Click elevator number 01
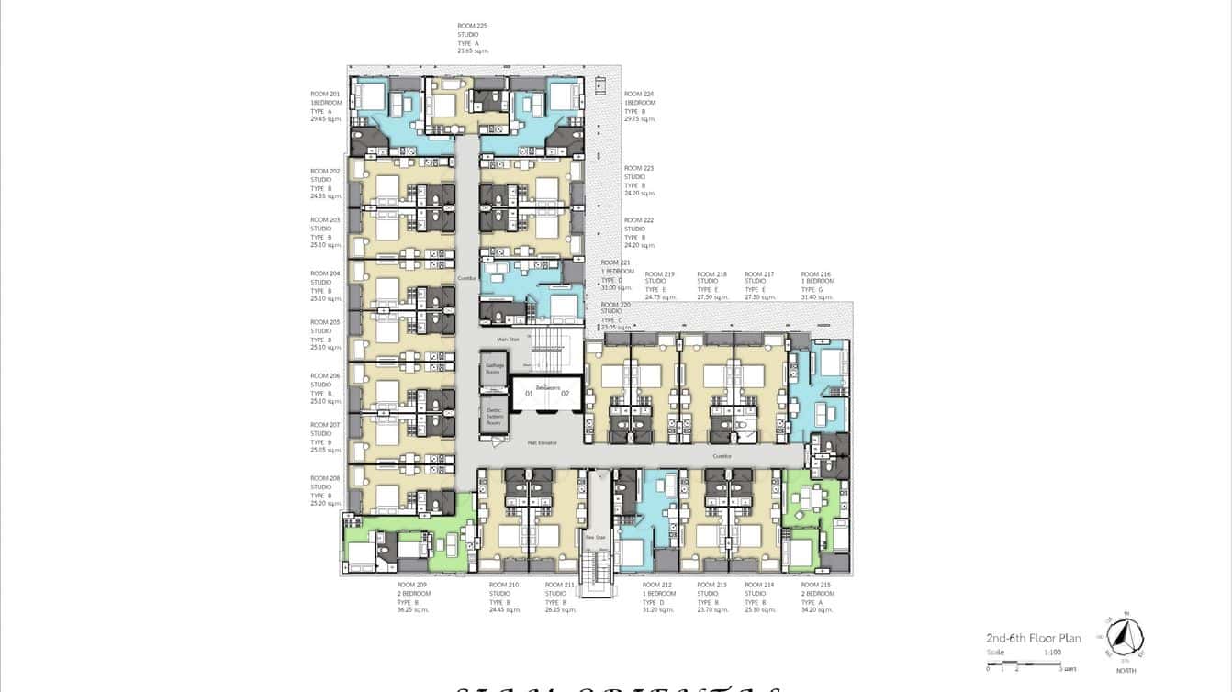[x=529, y=393]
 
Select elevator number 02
[x=566, y=393]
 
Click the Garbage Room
[x=494, y=368]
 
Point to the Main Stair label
[x=508, y=340]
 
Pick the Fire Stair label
[x=595, y=538]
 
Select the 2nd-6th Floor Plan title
[x=1033, y=638]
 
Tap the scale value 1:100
[x=1052, y=652]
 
